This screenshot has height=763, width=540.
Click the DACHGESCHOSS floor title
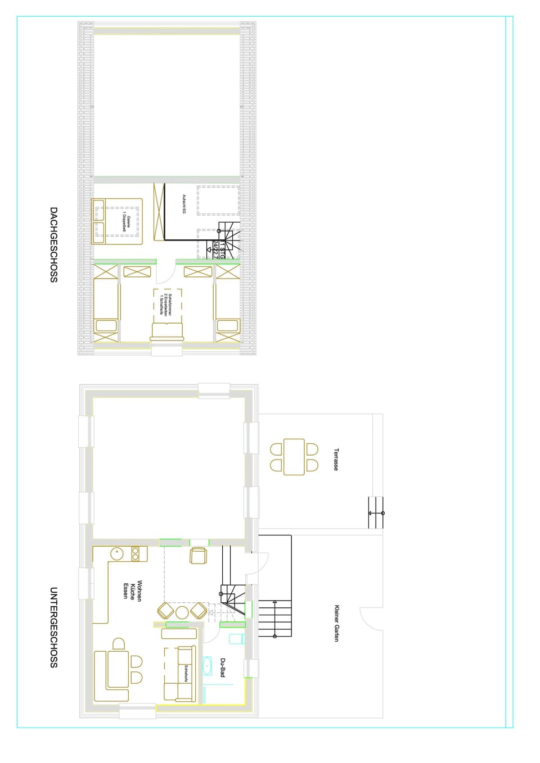click(53, 244)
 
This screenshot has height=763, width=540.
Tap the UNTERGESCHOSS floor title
click(53, 627)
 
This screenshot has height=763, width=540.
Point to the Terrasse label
click(336, 459)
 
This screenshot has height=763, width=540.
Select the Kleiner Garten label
click(336, 623)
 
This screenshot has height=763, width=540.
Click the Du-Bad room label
click(223, 667)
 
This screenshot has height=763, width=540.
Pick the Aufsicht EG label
click(184, 203)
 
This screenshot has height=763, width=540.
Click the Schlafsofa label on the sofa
click(186, 674)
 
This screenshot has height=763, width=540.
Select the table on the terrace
click(294, 457)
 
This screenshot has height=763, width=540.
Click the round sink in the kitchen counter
click(116, 553)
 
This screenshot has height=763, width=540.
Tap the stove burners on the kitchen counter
click(136, 554)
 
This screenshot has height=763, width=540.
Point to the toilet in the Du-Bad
click(236, 639)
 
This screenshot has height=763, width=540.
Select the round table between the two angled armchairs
click(182, 612)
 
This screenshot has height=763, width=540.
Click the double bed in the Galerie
click(118, 221)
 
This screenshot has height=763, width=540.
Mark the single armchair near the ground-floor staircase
click(199, 555)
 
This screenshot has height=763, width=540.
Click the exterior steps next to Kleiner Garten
click(275, 619)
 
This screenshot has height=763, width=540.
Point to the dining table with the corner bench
click(118, 669)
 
